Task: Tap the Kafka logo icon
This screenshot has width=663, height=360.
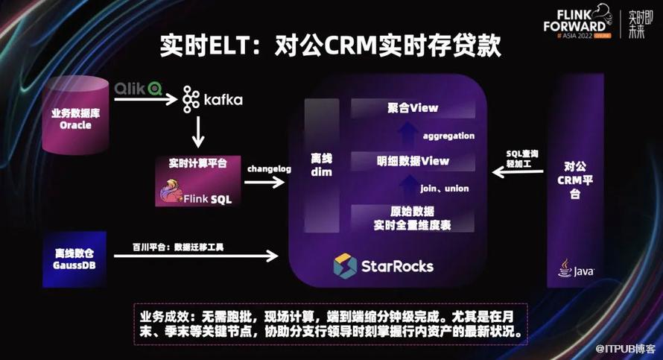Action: coord(190,98)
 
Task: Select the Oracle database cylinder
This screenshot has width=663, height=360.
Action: coord(76,119)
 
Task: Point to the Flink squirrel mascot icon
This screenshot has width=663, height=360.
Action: coord(173,192)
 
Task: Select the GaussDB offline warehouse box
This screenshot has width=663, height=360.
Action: coord(74,259)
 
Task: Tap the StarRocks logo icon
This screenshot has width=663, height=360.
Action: coord(345,265)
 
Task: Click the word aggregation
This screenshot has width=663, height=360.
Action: coord(448,136)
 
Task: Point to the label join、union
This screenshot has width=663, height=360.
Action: coord(445,189)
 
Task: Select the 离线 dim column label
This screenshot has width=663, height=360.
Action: coord(320,165)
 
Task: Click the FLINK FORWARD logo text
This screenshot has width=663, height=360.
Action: coord(585,22)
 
